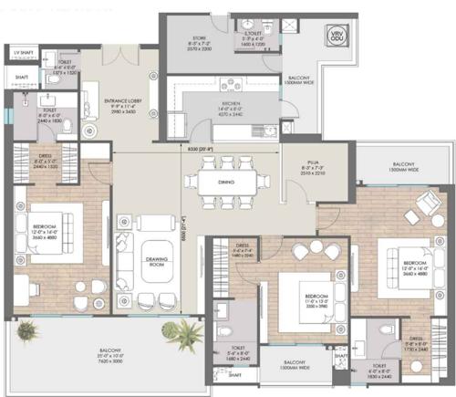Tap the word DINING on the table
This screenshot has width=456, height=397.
click(225, 180)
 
